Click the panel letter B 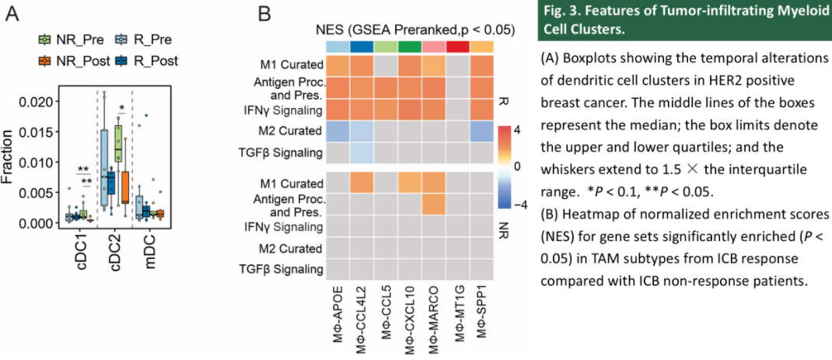264,14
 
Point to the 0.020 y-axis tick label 36,102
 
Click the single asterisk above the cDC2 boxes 122,110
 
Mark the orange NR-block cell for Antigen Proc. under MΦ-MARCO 434,204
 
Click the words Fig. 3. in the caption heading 561,13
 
